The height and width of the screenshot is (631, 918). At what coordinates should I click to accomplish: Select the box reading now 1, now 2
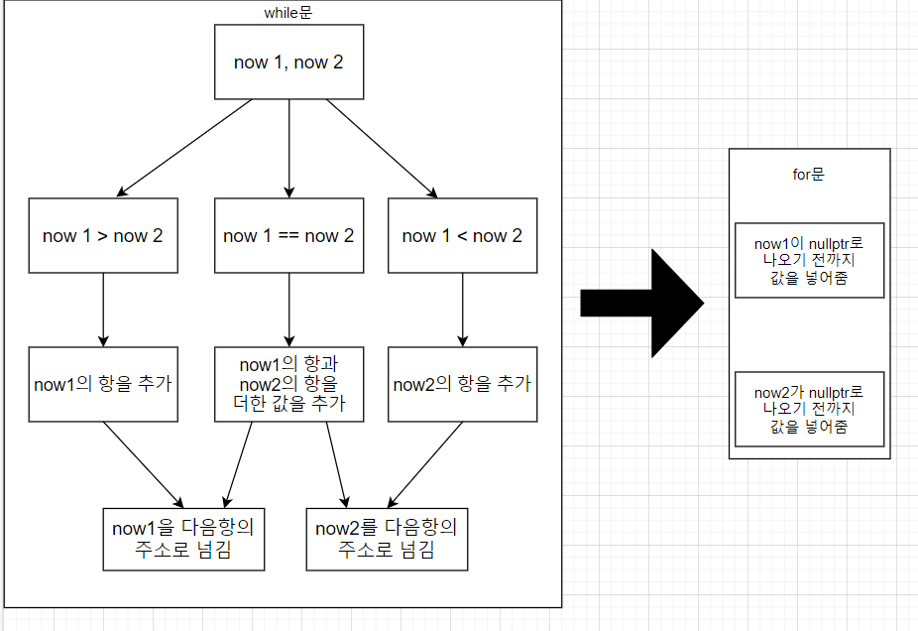[288, 62]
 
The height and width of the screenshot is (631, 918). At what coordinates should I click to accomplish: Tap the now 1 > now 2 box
[103, 235]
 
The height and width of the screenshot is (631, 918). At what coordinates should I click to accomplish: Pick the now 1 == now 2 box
[288, 235]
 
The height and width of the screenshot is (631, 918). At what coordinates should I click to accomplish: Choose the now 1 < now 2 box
[462, 235]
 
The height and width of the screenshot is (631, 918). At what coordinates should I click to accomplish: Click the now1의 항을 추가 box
[103, 384]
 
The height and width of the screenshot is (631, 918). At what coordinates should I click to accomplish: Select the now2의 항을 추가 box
[462, 384]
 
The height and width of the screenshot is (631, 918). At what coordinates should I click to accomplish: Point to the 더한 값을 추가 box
[288, 384]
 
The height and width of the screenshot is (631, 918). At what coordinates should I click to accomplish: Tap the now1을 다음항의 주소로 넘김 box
[183, 538]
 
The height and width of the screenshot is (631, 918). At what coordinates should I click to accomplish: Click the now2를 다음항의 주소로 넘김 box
[387, 538]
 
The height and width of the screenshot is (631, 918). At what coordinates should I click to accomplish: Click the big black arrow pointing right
[641, 303]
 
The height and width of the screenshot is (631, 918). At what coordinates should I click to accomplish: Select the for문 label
[809, 175]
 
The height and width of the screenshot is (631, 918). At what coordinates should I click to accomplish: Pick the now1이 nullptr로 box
[809, 260]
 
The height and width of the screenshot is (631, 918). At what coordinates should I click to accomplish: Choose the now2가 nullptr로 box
[809, 409]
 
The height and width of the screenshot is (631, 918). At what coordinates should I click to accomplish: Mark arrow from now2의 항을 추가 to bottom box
[426, 463]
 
